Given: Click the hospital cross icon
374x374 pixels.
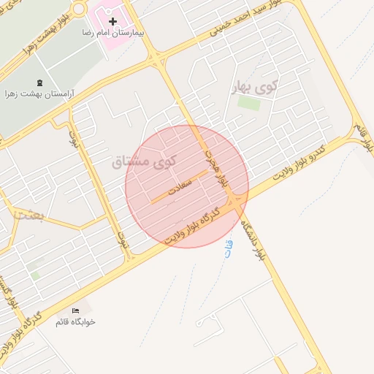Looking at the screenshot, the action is point(112,22).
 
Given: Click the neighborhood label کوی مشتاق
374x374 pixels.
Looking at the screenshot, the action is point(142,161).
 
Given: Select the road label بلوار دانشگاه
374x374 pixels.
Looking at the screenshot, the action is point(251,239).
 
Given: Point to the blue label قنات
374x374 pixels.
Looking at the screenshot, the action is point(228,248).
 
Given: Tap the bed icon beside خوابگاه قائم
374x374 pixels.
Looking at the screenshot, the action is point(75,310).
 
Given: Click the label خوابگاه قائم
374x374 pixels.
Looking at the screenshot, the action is point(76,322).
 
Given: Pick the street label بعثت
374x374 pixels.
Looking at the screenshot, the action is point(29,215).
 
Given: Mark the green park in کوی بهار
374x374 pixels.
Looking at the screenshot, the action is point(249,103).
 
